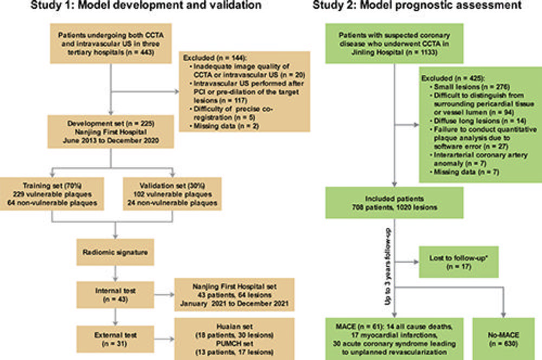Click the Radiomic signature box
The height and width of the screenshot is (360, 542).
[x=115, y=252]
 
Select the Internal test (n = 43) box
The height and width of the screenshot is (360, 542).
[x=115, y=294]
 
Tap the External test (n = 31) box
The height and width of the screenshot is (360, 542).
[x=115, y=339]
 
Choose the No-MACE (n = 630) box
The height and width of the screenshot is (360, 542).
[x=504, y=339]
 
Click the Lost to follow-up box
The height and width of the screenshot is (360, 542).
[x=459, y=262]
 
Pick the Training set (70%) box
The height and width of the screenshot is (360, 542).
[x=52, y=194]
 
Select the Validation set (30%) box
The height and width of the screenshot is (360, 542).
[x=172, y=194]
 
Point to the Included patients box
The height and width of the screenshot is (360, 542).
[x=395, y=203]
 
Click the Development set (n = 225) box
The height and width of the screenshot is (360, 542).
[x=111, y=132]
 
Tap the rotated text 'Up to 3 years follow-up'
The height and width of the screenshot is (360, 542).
[x=388, y=267]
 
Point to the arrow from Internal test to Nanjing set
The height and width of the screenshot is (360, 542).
[x=164, y=294]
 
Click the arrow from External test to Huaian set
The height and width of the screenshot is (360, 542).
[x=164, y=339]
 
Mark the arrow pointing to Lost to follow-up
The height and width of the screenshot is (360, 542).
[x=407, y=262]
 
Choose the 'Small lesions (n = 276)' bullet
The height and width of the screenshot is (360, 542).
[x=469, y=87]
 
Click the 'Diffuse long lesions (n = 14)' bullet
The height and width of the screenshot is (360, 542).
[x=478, y=121]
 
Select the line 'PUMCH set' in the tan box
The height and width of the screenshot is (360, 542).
[x=234, y=344]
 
